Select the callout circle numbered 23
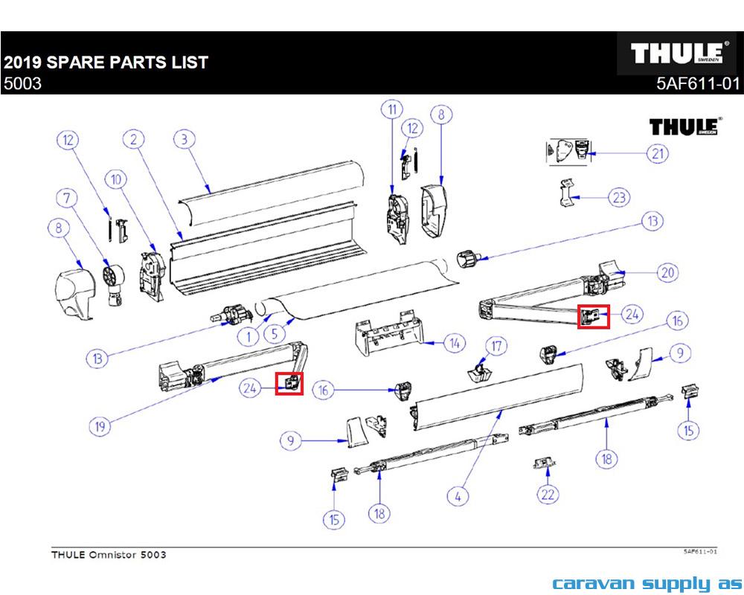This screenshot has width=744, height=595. [619, 198]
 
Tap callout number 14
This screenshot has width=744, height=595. [453, 344]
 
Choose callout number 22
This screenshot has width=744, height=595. [548, 494]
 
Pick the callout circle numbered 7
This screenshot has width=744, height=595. [69, 198]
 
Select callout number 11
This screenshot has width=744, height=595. [391, 110]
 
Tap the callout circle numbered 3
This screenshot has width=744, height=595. [184, 139]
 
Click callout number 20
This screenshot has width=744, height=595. [668, 273]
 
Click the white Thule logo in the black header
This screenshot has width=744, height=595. [676, 54]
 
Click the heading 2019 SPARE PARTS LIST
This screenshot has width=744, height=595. [106, 62]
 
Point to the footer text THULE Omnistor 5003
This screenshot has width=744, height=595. [109, 555]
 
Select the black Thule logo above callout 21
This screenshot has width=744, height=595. [684, 126]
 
